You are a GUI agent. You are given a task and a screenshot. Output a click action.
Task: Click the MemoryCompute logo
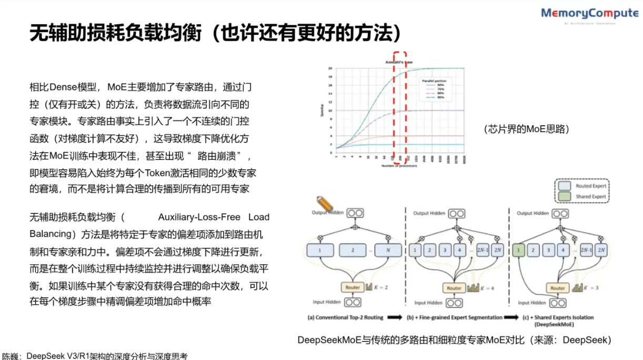click(x=589, y=14)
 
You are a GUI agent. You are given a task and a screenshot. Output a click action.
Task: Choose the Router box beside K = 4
click(x=454, y=288)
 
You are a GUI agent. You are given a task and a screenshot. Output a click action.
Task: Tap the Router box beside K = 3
click(x=558, y=288)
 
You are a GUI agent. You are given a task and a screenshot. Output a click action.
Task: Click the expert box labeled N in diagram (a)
click(x=388, y=251)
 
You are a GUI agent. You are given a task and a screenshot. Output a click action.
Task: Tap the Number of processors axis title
click(x=400, y=166)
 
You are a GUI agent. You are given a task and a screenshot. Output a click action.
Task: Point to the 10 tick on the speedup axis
click(x=330, y=111)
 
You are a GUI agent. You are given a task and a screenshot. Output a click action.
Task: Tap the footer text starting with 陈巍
click(x=95, y=356)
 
